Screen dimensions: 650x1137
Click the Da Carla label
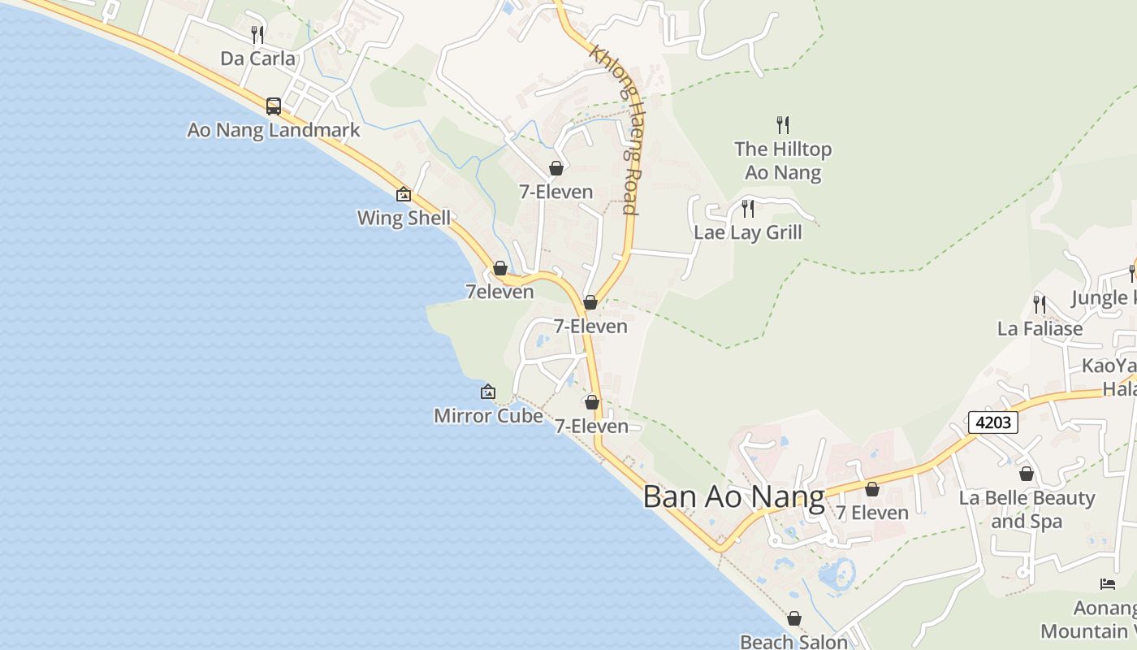click(257, 58)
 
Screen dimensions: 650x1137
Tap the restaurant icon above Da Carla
click(257, 34)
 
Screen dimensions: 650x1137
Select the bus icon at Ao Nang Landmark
click(274, 106)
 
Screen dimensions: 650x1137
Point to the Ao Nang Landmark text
click(274, 130)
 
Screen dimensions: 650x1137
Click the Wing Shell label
click(404, 219)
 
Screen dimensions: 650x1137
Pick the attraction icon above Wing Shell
click(404, 195)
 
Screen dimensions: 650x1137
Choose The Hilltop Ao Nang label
click(783, 161)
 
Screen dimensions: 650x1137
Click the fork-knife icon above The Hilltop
click(783, 124)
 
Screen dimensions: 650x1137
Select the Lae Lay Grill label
click(747, 232)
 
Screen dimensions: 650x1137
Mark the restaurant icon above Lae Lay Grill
click(748, 209)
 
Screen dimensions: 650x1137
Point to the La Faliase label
click(1040, 329)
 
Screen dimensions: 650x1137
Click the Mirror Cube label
click(488, 416)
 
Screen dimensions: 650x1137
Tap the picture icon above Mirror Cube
click(488, 392)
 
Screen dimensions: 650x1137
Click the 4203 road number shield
click(992, 422)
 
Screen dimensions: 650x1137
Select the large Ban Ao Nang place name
click(733, 497)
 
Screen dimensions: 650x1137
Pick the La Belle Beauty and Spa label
click(1027, 509)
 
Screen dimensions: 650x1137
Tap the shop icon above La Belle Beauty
click(1027, 474)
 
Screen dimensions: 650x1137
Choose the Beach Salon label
click(793, 642)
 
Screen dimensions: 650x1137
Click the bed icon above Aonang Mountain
click(1108, 584)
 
